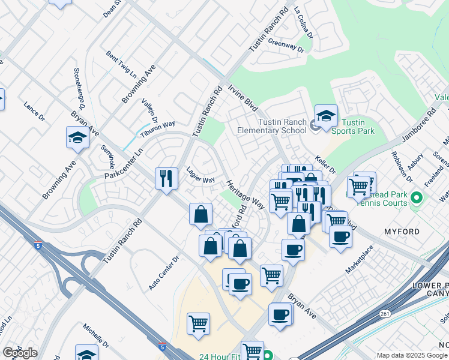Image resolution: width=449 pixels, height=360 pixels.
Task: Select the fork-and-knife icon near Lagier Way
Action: point(166,178)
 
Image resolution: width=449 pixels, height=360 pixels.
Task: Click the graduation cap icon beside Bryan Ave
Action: point(78,138)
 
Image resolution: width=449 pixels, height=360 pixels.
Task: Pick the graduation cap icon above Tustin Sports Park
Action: point(326,116)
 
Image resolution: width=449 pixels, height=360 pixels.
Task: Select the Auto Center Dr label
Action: point(164,274)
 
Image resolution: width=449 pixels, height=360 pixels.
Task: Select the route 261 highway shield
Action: point(385,313)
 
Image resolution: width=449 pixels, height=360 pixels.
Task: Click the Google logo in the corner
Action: point(20,353)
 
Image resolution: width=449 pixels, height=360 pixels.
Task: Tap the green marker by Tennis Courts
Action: point(415,198)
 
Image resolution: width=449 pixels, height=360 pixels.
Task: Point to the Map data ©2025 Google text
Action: point(412,355)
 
